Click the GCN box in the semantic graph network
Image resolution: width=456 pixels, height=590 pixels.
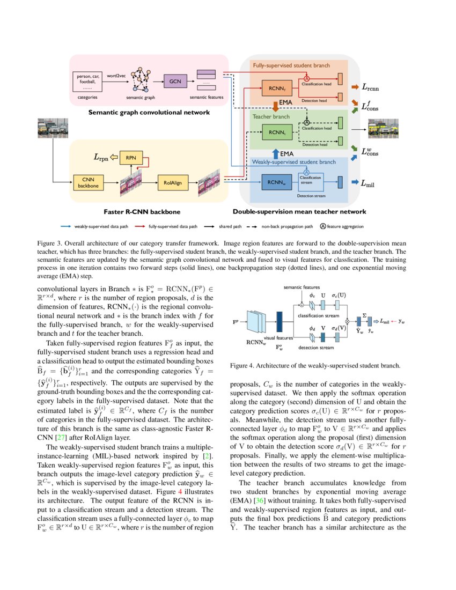[175, 81]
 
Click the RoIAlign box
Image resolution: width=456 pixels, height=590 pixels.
[173, 183]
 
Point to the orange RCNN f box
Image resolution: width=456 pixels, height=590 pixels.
[274, 88]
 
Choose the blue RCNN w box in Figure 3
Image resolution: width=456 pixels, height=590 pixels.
[277, 182]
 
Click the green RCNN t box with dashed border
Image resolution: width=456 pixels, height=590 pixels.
[277, 132]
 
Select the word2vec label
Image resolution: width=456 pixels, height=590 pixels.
[116, 76]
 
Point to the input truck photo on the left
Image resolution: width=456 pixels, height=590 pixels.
[52, 129]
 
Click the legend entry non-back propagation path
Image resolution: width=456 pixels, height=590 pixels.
[290, 226]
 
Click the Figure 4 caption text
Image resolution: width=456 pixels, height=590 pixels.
[315, 366]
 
